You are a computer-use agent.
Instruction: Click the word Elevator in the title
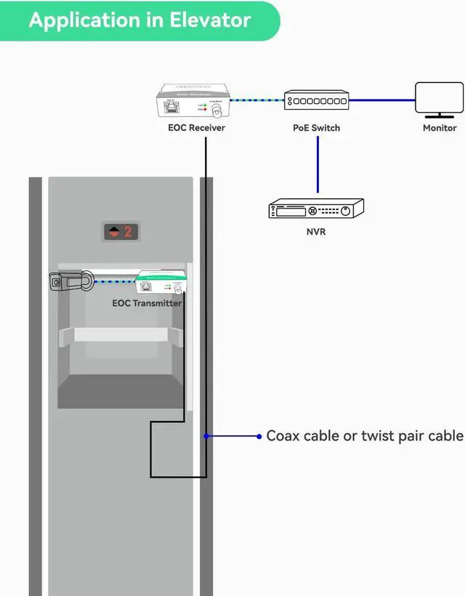[x=211, y=20]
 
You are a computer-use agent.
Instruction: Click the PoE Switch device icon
[x=316, y=100]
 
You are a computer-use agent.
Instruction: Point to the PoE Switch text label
[x=316, y=128]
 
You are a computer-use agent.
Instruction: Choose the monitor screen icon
[x=439, y=99]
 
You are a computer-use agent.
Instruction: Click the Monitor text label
[x=440, y=128]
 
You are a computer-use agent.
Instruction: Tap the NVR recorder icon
[x=316, y=209]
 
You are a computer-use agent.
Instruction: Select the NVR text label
[x=316, y=233]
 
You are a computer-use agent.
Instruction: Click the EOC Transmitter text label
[x=147, y=303]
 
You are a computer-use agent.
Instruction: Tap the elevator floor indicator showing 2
[x=120, y=233]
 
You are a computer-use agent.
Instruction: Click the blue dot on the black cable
[x=206, y=436]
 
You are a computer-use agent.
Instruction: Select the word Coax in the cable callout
[x=283, y=436]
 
